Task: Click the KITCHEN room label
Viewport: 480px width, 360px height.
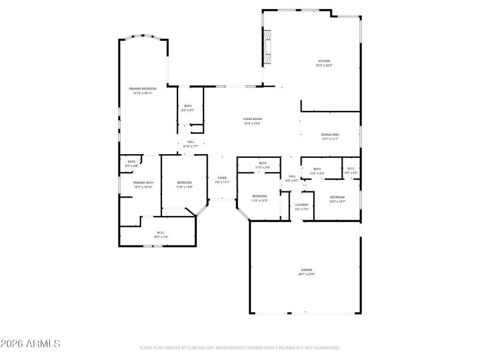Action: coord(324,61)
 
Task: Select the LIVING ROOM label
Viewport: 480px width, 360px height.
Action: coord(252,119)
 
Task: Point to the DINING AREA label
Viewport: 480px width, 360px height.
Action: coord(330,134)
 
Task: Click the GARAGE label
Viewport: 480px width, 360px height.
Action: coord(307,270)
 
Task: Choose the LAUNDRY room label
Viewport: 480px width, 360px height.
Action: coord(302,205)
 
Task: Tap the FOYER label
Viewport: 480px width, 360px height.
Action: coord(222,178)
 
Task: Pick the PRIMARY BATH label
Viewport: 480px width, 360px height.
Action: coord(143,182)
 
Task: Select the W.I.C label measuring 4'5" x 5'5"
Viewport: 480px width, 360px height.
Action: coord(351,169)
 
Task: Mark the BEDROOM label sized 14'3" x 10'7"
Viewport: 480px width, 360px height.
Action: coord(337,197)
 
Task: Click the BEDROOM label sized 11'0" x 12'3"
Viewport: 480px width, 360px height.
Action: coord(259,196)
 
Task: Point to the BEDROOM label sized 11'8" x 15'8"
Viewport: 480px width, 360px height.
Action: coord(184,182)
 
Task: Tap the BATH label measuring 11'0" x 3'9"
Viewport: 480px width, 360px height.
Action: coord(262,163)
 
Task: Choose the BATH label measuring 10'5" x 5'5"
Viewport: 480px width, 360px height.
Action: coord(317,169)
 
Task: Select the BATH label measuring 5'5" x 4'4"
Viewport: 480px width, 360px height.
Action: coord(131,161)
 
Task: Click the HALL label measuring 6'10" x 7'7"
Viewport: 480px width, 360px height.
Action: coord(191,142)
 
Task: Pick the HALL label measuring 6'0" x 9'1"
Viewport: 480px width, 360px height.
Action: coord(292,176)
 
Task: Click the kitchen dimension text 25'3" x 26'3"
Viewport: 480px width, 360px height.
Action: coord(324,65)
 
